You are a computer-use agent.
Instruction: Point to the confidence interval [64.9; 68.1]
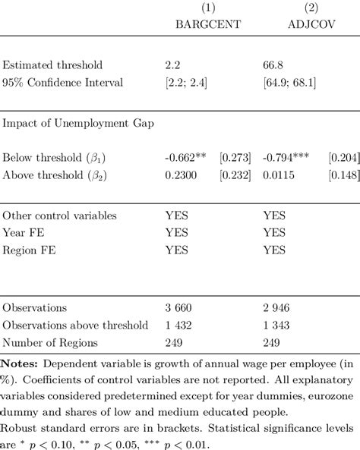[x=289, y=82]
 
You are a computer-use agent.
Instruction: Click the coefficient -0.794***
[x=287, y=159]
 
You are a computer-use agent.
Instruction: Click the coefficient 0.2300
[x=180, y=175]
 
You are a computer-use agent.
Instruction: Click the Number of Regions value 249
[x=174, y=341]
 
